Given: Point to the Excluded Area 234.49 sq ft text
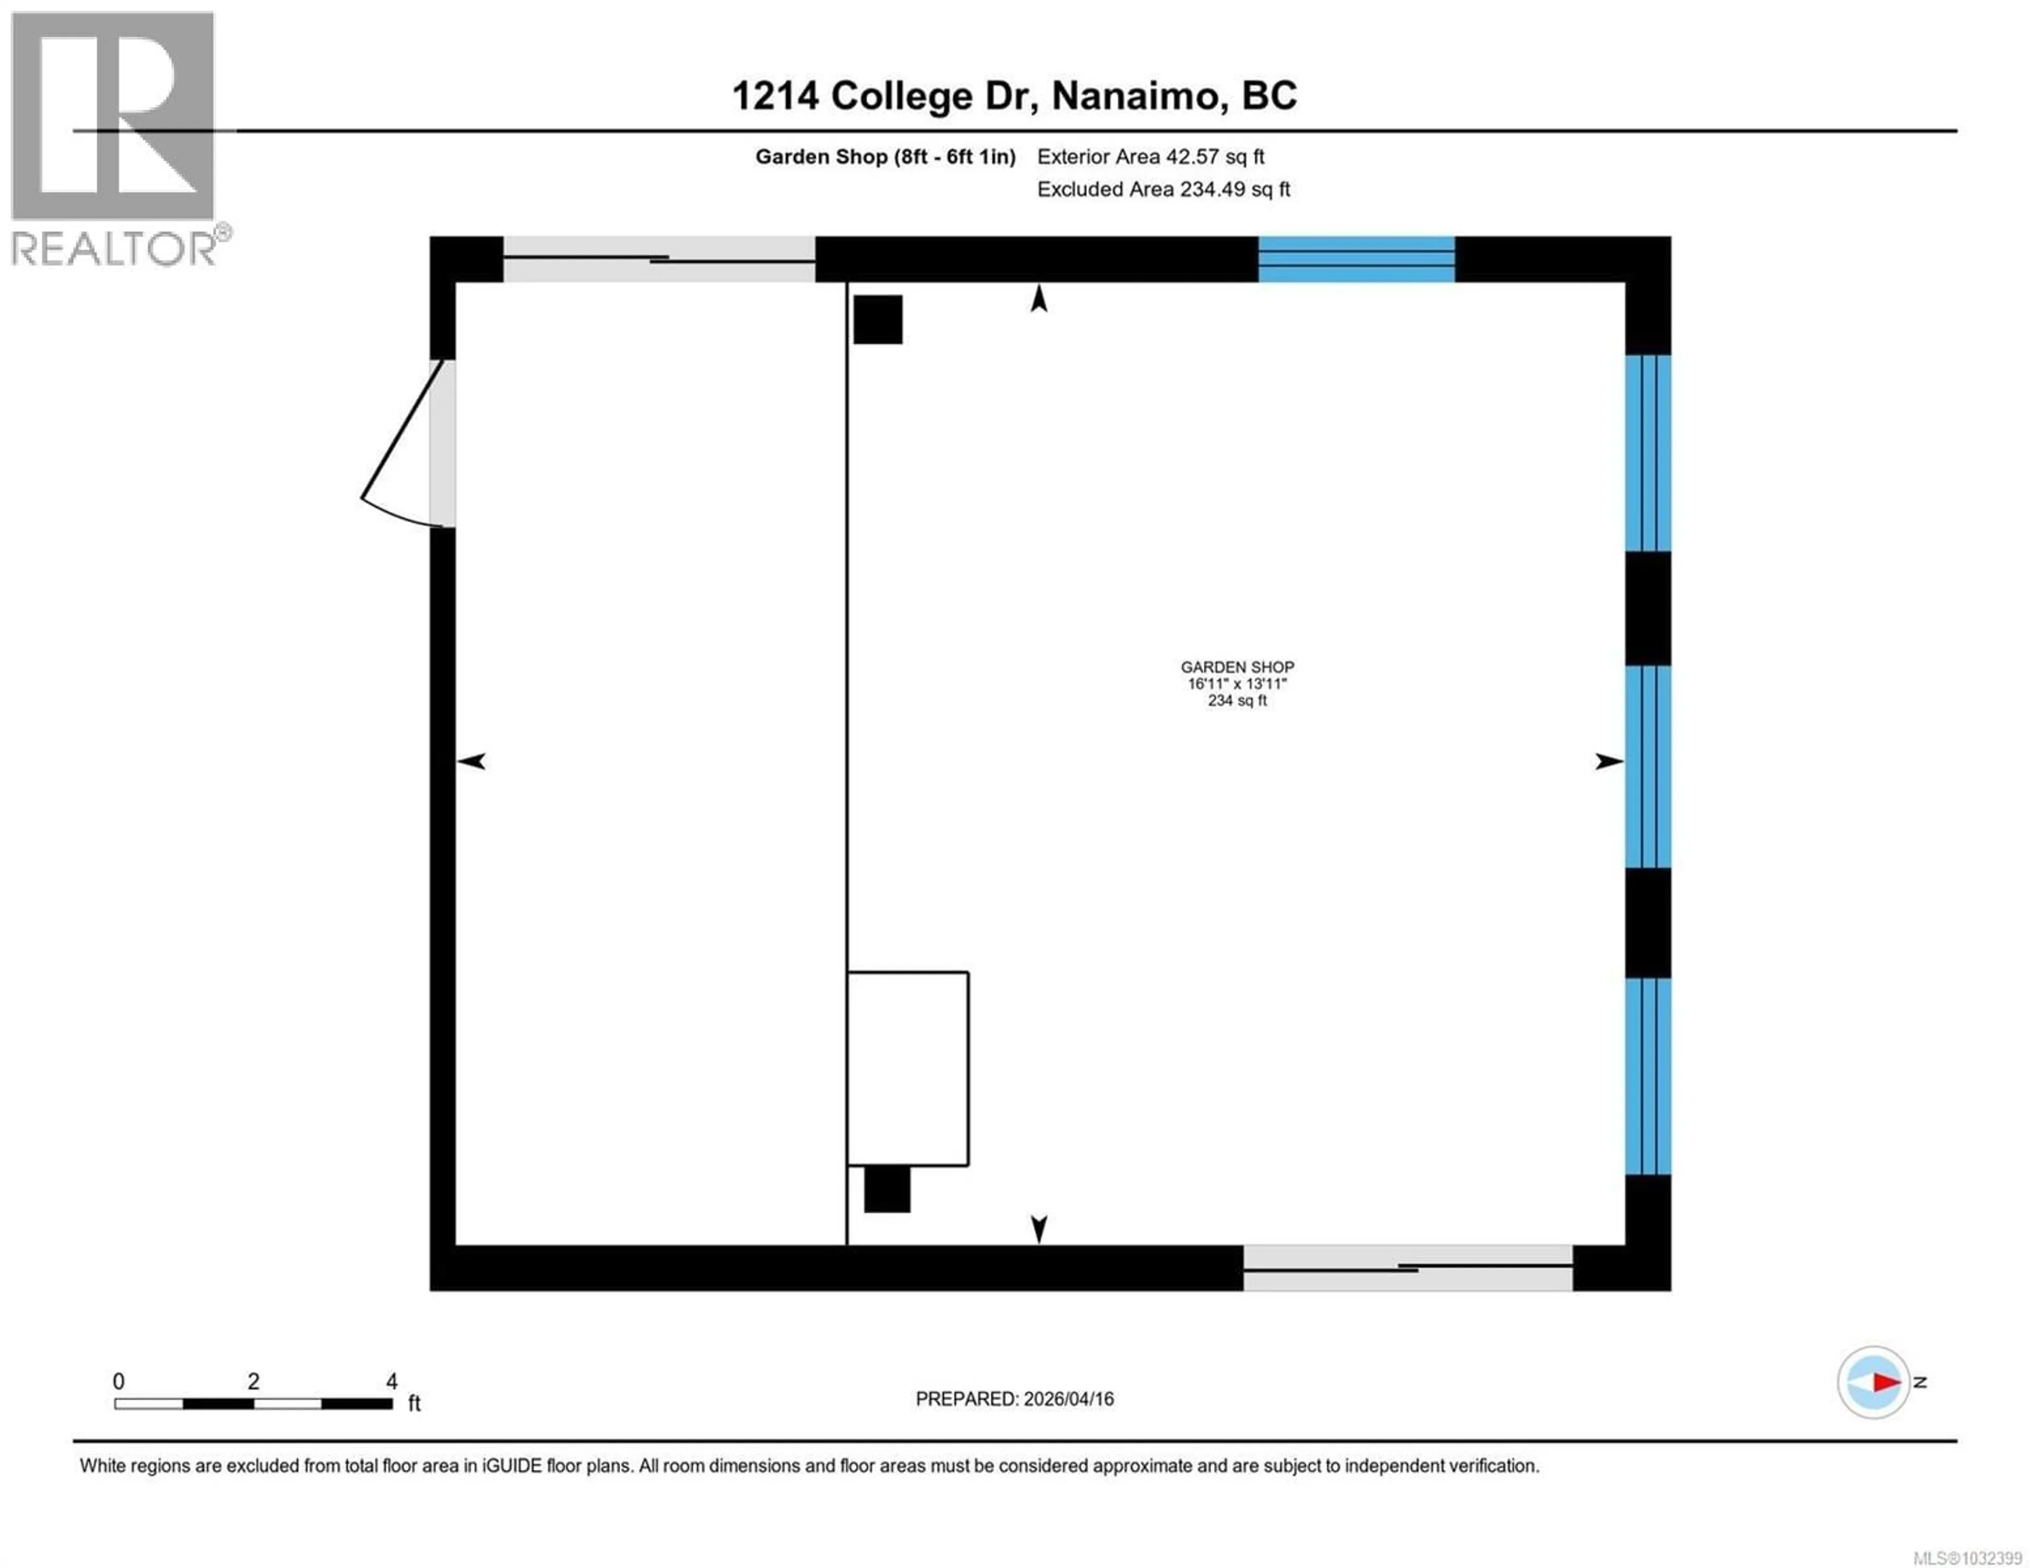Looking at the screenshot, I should coord(1163,190).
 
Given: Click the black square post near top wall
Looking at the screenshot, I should coord(878,320).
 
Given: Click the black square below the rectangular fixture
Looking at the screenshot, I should coord(887,1189).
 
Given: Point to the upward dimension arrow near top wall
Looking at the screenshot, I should coord(1039,299).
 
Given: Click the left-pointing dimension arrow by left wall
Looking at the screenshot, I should coord(472,761).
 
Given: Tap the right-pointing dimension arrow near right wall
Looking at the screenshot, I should coord(1608,761).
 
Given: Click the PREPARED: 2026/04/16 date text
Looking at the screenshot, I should coord(1014,1399).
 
